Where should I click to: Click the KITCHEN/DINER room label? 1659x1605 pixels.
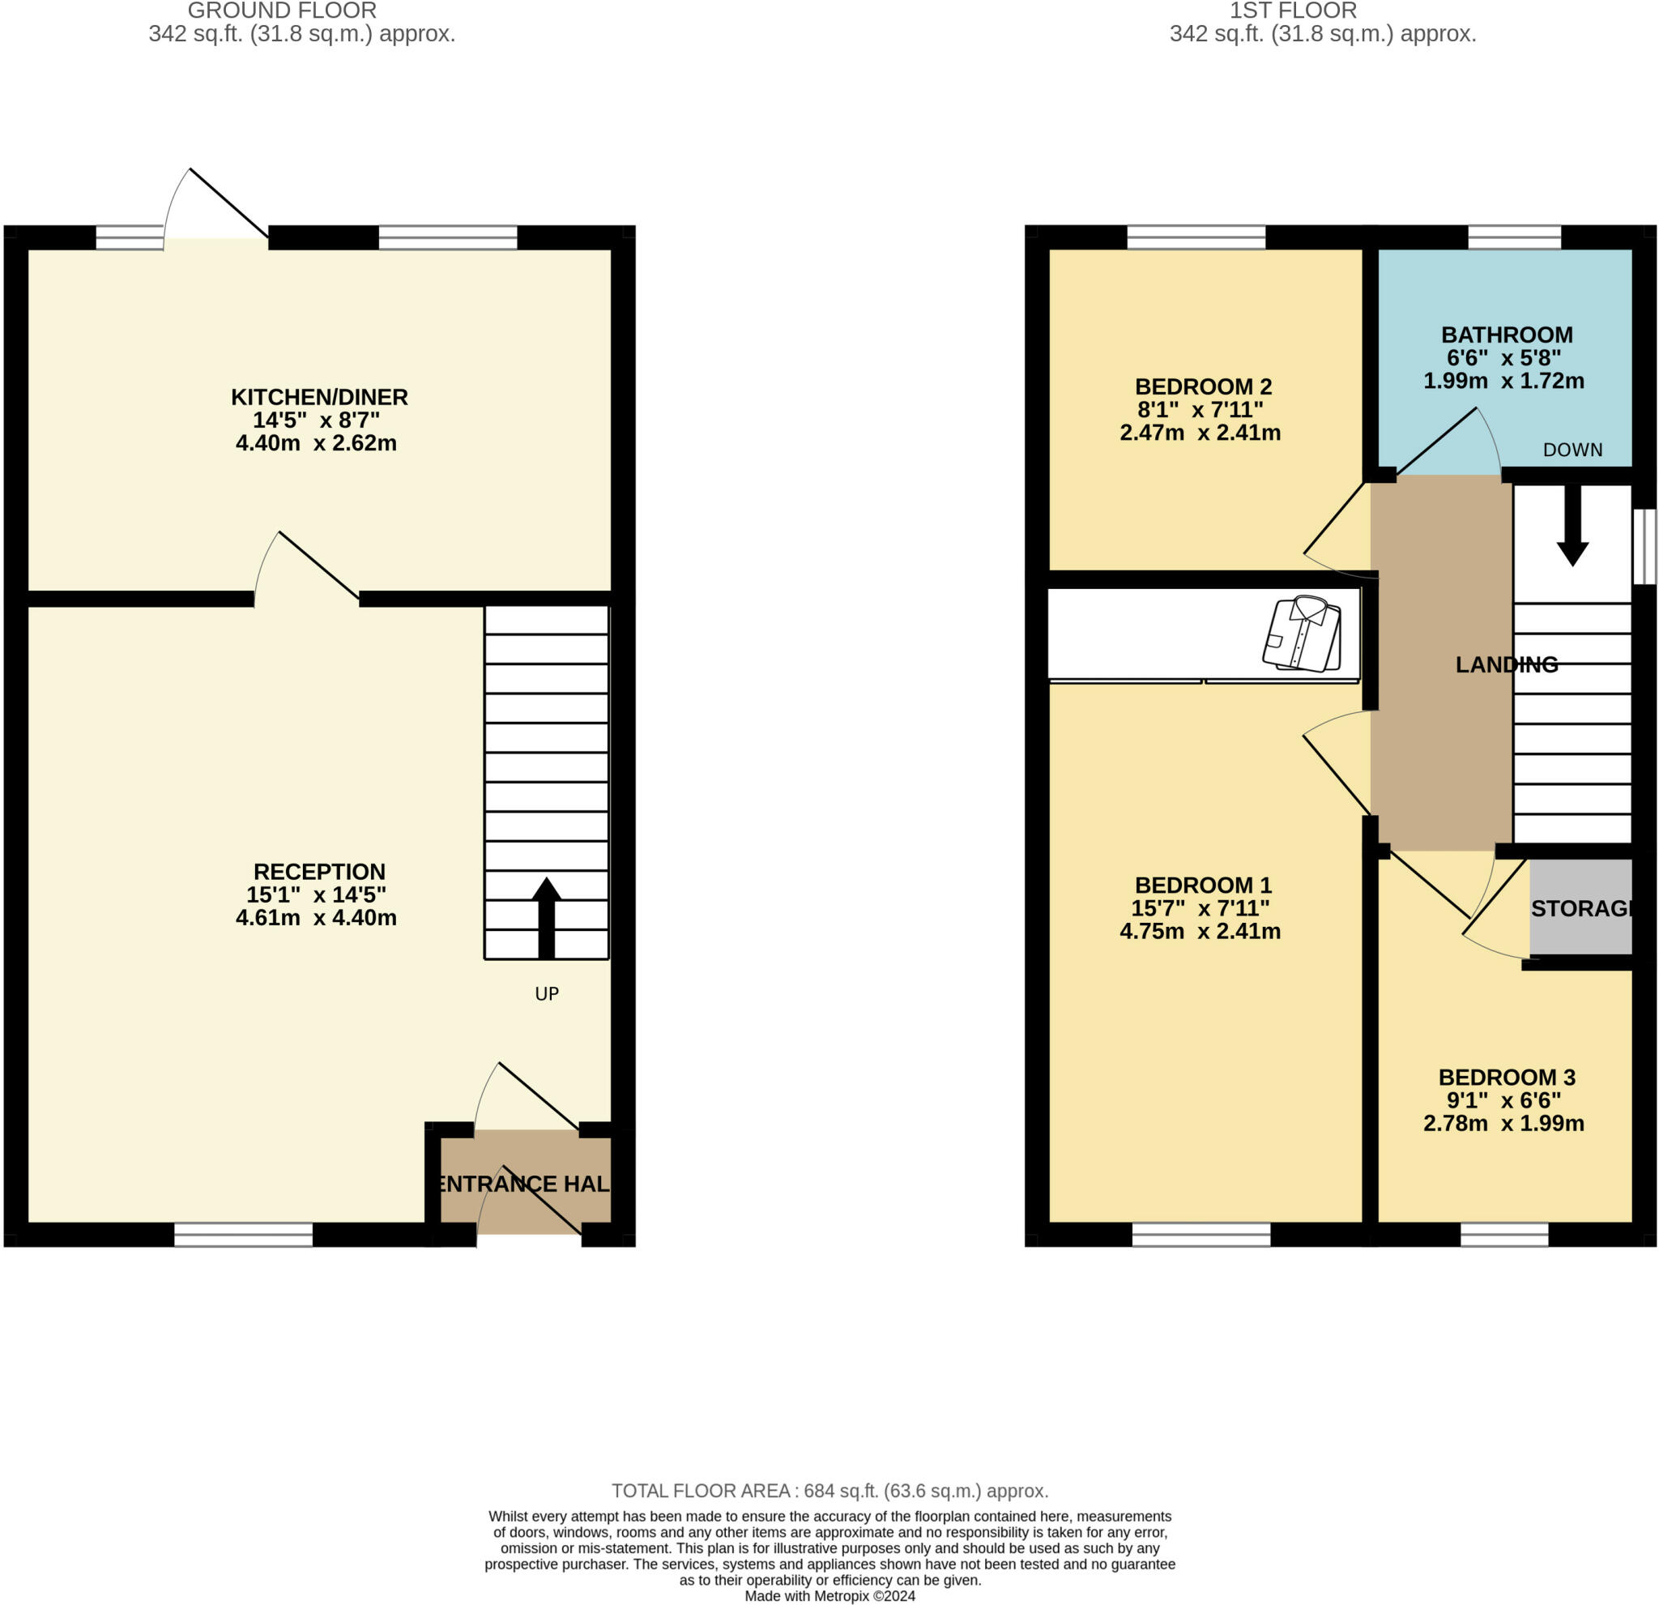319,397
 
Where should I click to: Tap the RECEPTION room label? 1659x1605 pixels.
319,872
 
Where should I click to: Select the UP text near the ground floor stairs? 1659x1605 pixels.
547,994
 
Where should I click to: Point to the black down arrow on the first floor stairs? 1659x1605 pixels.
1572,525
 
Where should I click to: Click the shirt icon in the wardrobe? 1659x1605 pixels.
1302,634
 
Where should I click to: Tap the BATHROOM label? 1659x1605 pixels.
1507,335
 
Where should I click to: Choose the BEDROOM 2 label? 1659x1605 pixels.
1203,386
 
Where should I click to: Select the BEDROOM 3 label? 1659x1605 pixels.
1507,1078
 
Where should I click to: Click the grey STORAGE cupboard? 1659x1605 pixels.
1580,908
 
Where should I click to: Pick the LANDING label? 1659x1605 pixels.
1507,665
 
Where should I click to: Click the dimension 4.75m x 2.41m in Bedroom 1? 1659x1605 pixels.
1200,931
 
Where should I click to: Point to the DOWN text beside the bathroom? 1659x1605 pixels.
1572,450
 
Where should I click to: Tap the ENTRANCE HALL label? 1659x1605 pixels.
524,1184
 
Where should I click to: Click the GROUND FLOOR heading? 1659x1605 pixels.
282,11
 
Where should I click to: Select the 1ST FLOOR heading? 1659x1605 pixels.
1293,11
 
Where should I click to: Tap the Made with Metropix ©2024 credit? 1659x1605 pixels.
829,1596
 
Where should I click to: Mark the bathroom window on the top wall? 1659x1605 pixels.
1514,237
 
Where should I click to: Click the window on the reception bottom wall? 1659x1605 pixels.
244,1235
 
